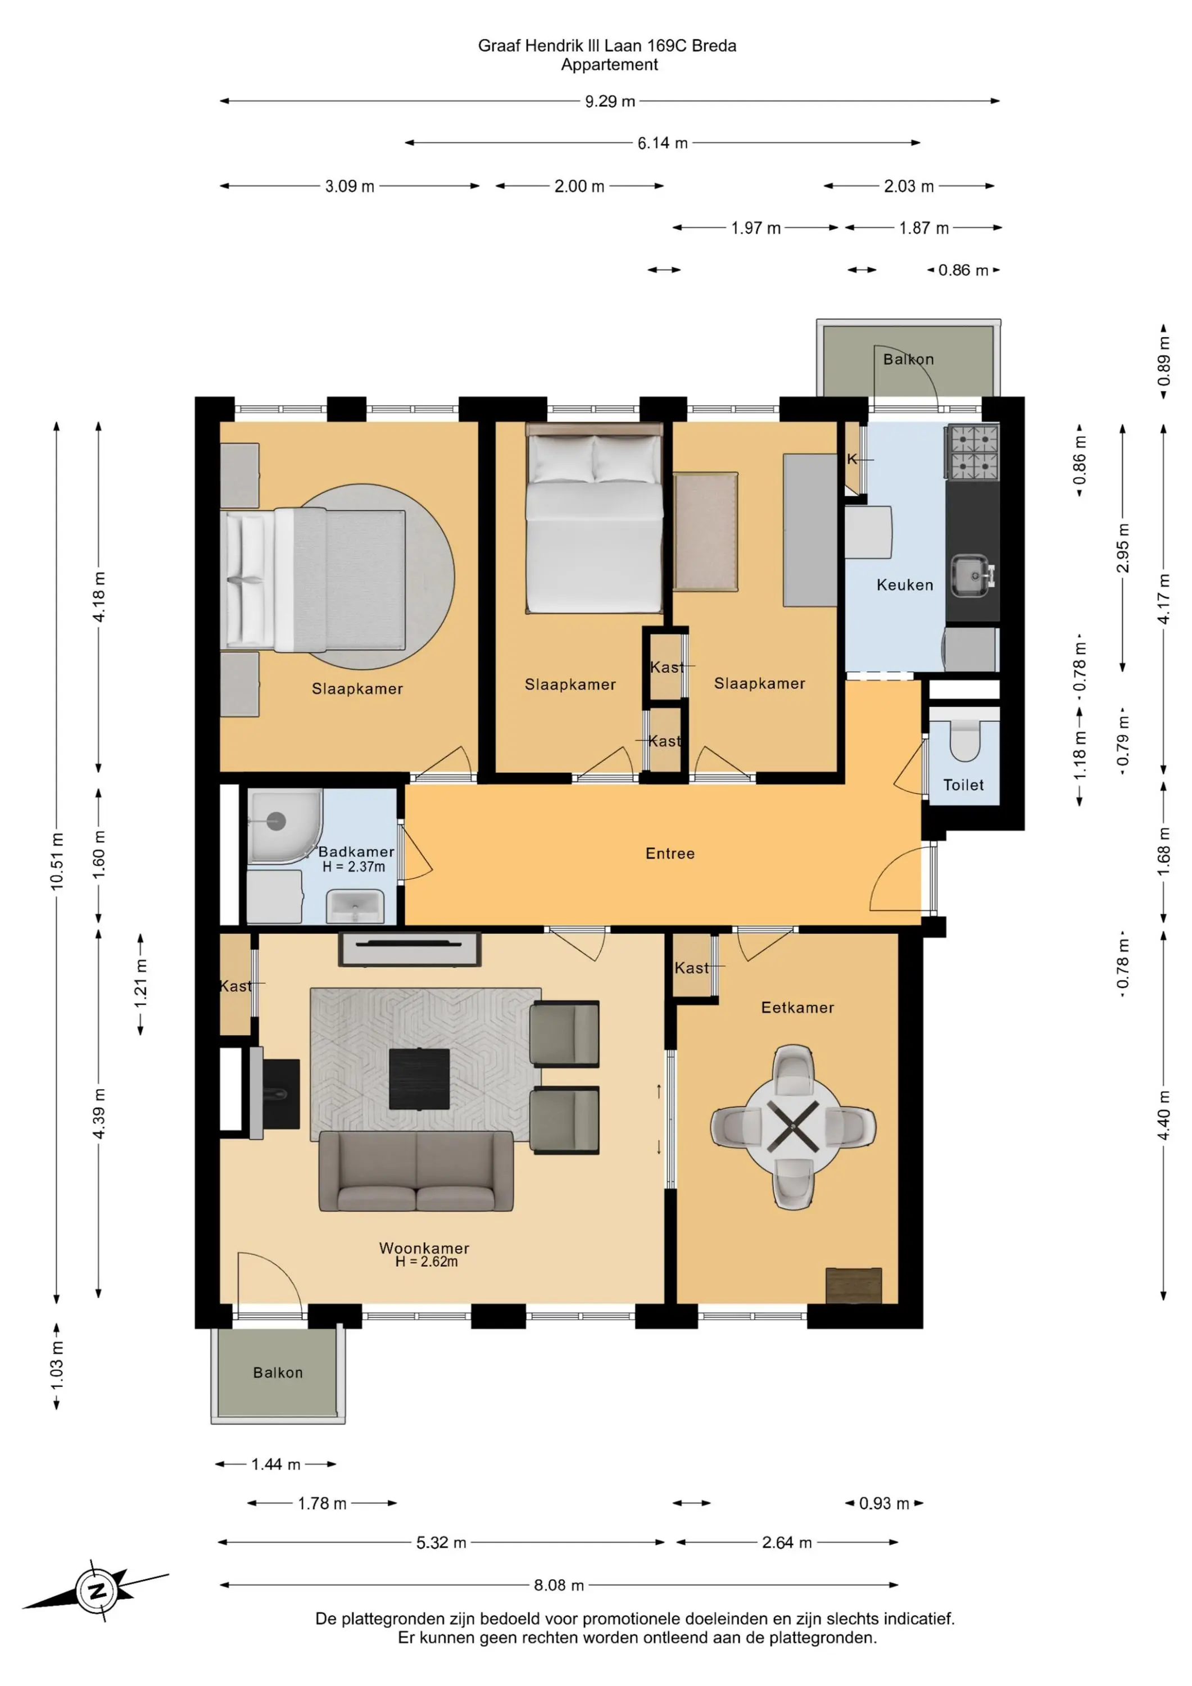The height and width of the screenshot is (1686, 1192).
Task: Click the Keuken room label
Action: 905,585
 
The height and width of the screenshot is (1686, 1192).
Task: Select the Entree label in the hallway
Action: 670,853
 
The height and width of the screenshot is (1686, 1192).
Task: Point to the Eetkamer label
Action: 797,1008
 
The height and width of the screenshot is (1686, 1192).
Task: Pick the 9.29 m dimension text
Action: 610,101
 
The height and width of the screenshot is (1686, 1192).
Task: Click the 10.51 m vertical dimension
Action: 57,862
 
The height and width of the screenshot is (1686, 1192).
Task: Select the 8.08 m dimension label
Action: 559,1585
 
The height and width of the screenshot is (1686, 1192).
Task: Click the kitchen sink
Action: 973,575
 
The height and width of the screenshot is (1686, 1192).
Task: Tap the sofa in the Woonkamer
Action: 416,1171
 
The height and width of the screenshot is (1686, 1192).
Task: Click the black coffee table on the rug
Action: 419,1078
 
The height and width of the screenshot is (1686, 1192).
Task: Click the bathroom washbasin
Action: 355,905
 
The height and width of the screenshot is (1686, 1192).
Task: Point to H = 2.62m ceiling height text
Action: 426,1262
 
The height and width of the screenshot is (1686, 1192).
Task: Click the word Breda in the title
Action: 714,46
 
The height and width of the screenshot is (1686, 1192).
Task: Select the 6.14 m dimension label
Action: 663,143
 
